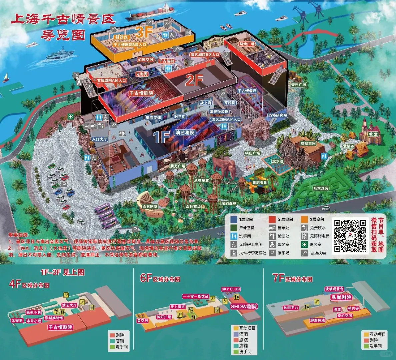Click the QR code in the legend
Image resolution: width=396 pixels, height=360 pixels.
pyautogui.click(x=350, y=236)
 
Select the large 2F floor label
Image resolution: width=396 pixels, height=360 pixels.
pyautogui.click(x=194, y=80)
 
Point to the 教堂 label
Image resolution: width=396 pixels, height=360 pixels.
pyautogui.click(x=373, y=134)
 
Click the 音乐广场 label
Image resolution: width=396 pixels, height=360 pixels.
pyautogui.click(x=298, y=85)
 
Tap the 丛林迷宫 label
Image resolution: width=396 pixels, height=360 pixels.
pyautogui.click(x=321, y=188)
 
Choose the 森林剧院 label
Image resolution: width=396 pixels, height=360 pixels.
pyautogui.click(x=150, y=206)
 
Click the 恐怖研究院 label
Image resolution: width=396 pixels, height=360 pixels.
pyautogui.click(x=277, y=115)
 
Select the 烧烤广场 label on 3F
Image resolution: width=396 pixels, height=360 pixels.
pyautogui.click(x=247, y=44)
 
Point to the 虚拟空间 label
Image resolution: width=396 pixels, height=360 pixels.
pyautogui.click(x=308, y=143)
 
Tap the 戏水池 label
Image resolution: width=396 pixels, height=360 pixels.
pyautogui.click(x=278, y=161)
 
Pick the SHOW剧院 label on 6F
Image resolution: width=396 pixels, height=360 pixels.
pyautogui.click(x=244, y=306)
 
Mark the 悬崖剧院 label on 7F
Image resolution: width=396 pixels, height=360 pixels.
pyautogui.click(x=341, y=297)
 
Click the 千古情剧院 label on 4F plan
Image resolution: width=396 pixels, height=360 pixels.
pyautogui.click(x=60, y=327)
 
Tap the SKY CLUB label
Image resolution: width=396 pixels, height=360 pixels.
pyautogui.click(x=231, y=289)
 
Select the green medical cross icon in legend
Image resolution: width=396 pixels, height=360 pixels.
pyautogui.click(x=304, y=244)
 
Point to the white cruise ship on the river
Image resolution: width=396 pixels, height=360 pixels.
pyautogui.click(x=60, y=54)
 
